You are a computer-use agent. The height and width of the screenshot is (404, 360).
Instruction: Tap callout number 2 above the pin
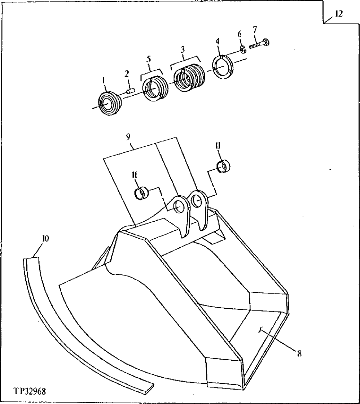[x=127, y=74]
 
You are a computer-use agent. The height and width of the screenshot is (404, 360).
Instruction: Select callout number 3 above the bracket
[x=183, y=48]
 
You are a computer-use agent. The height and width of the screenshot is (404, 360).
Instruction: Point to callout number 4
[x=218, y=42]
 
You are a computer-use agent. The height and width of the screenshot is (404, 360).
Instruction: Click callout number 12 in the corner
[x=339, y=14]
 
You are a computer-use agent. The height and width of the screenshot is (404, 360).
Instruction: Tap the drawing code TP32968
[x=30, y=391]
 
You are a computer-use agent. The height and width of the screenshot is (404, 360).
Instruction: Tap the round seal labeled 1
[x=109, y=104]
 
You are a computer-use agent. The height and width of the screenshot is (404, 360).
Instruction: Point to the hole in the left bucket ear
[x=179, y=207]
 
